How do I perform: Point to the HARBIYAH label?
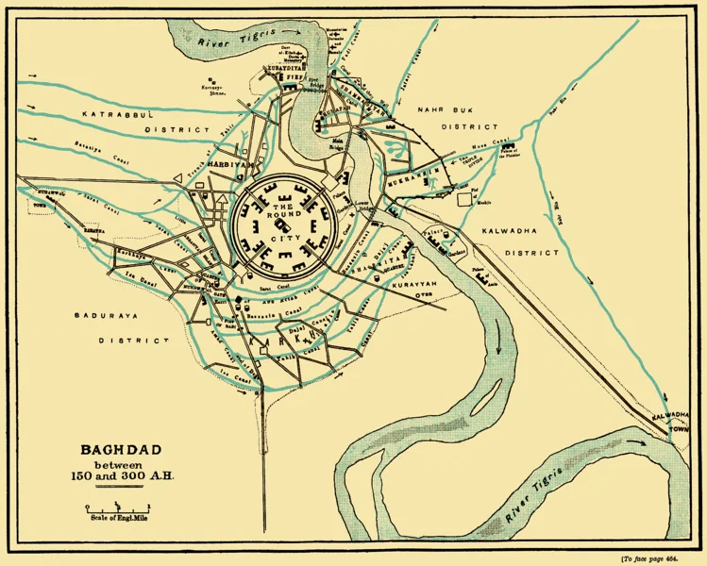[226, 163]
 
